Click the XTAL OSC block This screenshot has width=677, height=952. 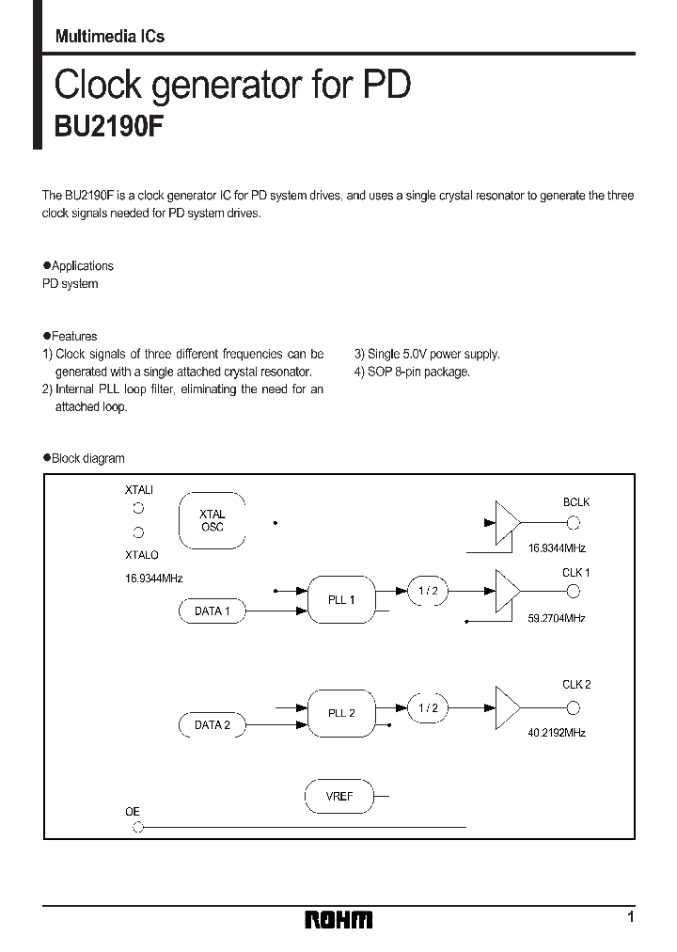(x=213, y=520)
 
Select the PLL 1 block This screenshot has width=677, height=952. (x=341, y=599)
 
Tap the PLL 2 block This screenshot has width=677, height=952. (x=341, y=712)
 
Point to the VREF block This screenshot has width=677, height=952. (x=339, y=796)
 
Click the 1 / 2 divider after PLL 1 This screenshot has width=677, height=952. (x=428, y=591)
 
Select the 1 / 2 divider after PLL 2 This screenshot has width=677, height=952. (x=428, y=708)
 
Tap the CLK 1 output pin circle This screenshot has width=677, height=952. (x=574, y=591)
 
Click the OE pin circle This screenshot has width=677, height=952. (x=138, y=828)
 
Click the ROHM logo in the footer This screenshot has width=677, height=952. (x=338, y=919)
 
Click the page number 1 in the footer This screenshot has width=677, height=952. (x=630, y=917)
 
